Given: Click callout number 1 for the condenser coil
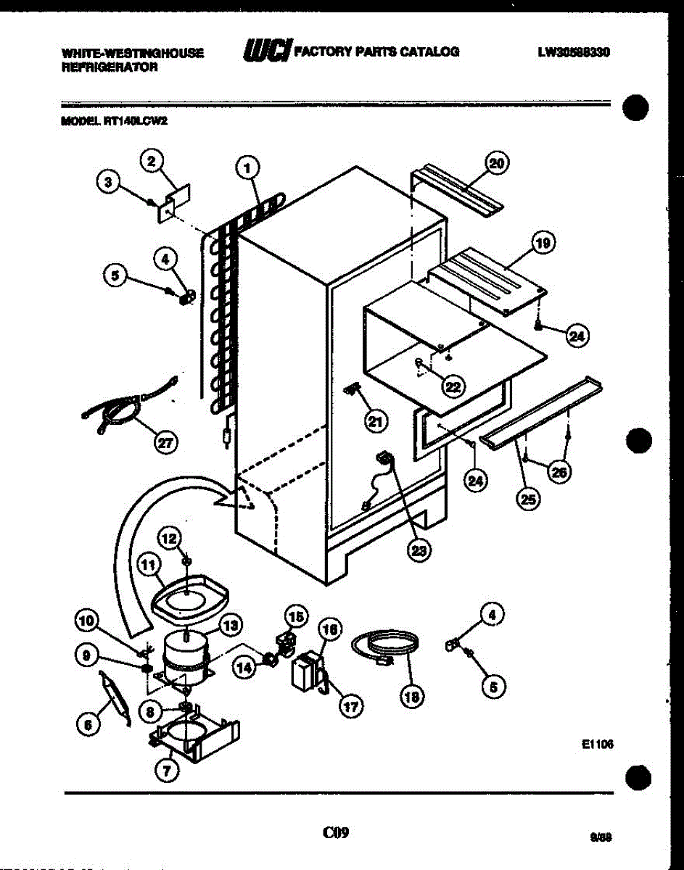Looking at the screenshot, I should pos(248,168).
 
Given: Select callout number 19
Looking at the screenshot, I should pos(541,245).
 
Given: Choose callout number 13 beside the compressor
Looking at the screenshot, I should pos(231,624).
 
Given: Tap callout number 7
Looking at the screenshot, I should pos(168,773).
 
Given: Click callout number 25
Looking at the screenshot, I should pos(529,500).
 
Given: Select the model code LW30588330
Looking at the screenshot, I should pos(573,52).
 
